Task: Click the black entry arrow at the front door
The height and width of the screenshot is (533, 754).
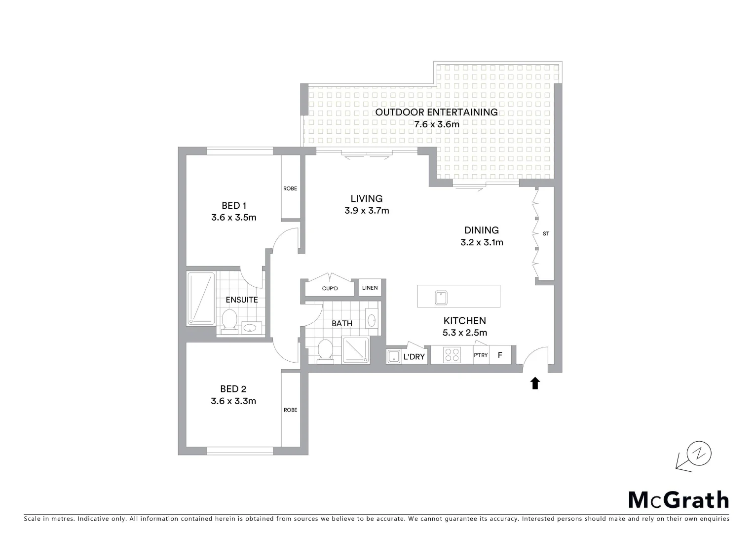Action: coord(535,383)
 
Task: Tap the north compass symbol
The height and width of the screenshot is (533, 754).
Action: coord(699,453)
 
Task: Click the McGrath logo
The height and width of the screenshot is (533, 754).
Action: coord(679,500)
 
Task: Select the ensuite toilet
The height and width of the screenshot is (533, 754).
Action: coord(229,320)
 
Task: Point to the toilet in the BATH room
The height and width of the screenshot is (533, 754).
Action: coord(325,350)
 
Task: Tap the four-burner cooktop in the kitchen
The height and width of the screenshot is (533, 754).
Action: coord(452,355)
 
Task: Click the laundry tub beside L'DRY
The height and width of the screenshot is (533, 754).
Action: coord(394,356)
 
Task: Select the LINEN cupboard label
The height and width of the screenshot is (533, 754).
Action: coord(370,288)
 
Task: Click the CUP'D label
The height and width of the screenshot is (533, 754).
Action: coord(330,289)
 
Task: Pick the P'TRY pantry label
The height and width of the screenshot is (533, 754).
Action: coord(481,355)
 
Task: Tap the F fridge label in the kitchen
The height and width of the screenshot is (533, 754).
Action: coord(500,355)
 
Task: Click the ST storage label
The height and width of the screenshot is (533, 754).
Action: coord(546,233)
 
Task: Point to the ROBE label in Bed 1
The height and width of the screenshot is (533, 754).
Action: coord(290,189)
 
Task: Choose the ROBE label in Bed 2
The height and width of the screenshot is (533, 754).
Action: coord(290,410)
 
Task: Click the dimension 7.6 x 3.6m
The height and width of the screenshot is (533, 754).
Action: coord(437,124)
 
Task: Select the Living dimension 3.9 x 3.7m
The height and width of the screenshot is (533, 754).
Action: coord(367,211)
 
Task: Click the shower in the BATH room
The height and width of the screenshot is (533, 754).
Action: coord(356,350)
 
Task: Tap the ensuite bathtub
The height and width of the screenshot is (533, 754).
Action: coord(201,299)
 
